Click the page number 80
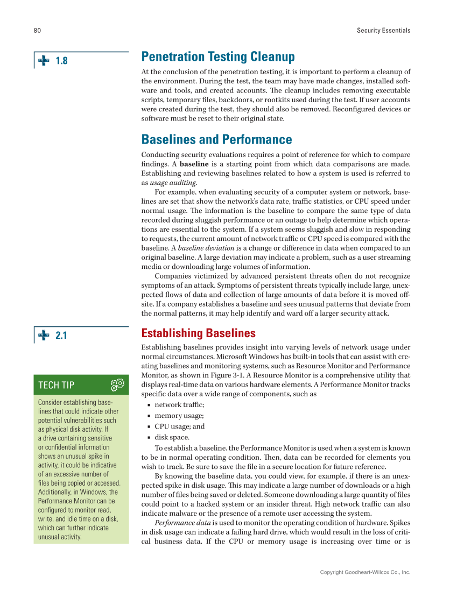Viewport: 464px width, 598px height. point(37,31)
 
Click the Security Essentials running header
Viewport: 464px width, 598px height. point(383,31)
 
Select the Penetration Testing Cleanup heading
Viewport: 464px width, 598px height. point(218,57)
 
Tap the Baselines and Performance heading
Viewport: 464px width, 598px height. point(216,140)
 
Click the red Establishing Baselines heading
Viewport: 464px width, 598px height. point(198,333)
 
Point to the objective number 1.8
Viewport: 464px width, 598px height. point(62,61)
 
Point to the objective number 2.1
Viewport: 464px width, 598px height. point(62,336)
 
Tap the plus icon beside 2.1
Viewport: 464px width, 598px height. point(44,336)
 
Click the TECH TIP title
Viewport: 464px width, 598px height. point(57,385)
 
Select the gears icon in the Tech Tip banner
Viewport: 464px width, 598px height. point(117,385)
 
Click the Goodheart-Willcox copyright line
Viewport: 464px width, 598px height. point(365,572)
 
